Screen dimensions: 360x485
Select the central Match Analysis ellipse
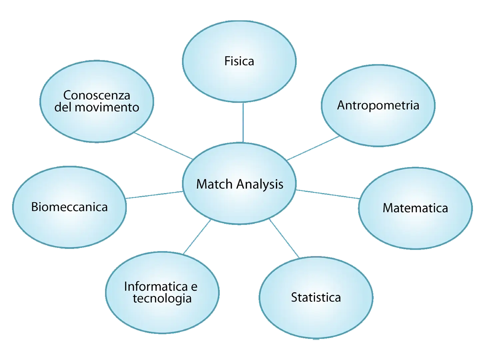(239, 203)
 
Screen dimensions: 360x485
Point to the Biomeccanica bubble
(69, 227)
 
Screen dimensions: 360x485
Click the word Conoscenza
(97, 95)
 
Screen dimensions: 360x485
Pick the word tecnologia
(162, 298)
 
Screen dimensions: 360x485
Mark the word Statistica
(316, 297)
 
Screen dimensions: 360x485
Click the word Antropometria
(378, 105)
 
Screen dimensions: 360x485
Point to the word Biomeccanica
(69, 207)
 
